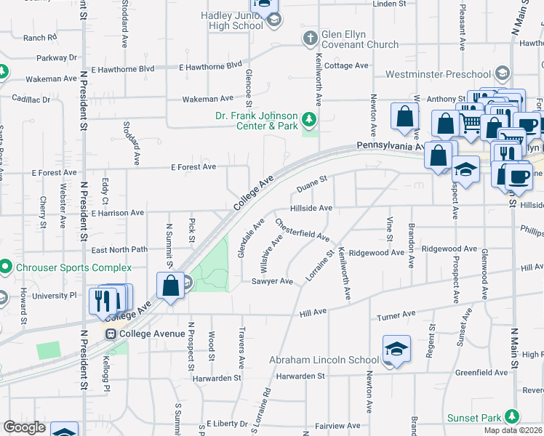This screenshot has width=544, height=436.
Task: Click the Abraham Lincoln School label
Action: (324, 360)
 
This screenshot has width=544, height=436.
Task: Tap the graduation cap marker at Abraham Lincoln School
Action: (396, 350)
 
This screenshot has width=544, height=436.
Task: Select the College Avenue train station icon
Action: (111, 334)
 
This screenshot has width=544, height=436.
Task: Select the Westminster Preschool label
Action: (438, 74)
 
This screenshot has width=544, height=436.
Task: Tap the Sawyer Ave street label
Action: (271, 281)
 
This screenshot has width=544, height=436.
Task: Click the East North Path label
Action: (119, 249)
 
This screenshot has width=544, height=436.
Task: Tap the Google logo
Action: (24, 427)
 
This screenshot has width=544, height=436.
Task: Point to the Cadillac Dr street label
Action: (31, 99)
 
